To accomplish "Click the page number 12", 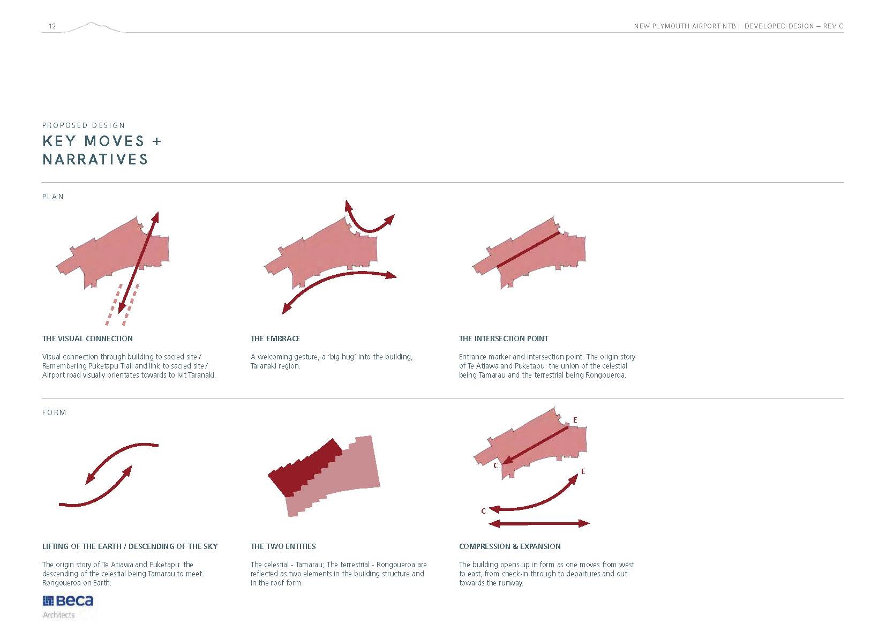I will click(x=52, y=26).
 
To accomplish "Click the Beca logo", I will click(x=68, y=601).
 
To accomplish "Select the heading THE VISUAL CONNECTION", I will click(x=87, y=339).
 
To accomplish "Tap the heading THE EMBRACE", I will click(x=275, y=339).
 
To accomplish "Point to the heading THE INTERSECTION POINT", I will click(x=504, y=339).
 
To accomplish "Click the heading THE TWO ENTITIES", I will click(x=283, y=546).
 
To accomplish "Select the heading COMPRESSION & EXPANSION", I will click(x=509, y=546).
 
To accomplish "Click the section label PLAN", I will click(x=53, y=197).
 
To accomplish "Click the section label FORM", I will click(x=54, y=412).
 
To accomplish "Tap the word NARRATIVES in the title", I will click(x=95, y=159).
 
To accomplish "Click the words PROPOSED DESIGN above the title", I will click(x=84, y=125).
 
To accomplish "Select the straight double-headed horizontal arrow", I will click(x=539, y=523).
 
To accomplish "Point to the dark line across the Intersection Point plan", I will click(x=528, y=250).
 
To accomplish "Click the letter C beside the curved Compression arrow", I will click(x=483, y=511).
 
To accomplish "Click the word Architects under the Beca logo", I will click(x=58, y=615).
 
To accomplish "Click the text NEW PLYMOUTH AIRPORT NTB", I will click(x=685, y=26).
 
